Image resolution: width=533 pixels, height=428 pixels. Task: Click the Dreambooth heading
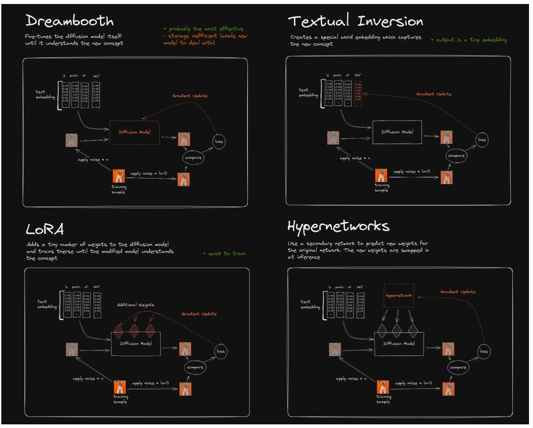(69, 21)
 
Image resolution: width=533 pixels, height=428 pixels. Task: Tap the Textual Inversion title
(355, 21)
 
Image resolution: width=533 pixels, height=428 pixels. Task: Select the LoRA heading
(45, 229)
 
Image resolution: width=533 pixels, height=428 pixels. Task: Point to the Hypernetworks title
(338, 226)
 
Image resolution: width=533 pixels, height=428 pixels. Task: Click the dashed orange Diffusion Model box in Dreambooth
(134, 132)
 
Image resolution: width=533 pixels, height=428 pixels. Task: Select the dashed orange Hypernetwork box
(398, 295)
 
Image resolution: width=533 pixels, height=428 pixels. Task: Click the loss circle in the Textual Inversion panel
(482, 140)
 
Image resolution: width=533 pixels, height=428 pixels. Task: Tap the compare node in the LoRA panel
(195, 367)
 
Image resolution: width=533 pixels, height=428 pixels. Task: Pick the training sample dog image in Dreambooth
(119, 176)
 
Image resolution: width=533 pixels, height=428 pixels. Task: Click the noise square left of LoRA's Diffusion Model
(72, 350)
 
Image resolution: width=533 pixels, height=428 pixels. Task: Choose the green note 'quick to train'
(224, 254)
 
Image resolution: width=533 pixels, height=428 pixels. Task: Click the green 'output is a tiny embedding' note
(469, 40)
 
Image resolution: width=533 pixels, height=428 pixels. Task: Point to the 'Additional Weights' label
(135, 305)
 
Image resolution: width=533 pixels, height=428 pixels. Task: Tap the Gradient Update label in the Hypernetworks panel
(458, 292)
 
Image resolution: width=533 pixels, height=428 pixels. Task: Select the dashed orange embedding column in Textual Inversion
(358, 94)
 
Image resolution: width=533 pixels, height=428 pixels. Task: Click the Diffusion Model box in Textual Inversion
(397, 132)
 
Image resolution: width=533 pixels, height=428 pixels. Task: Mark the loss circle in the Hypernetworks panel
(484, 351)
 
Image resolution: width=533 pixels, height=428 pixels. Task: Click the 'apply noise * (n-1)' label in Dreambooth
(149, 173)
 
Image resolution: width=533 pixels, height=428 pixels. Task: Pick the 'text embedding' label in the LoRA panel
(47, 304)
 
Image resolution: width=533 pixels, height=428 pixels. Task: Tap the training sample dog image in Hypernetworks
(383, 387)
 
